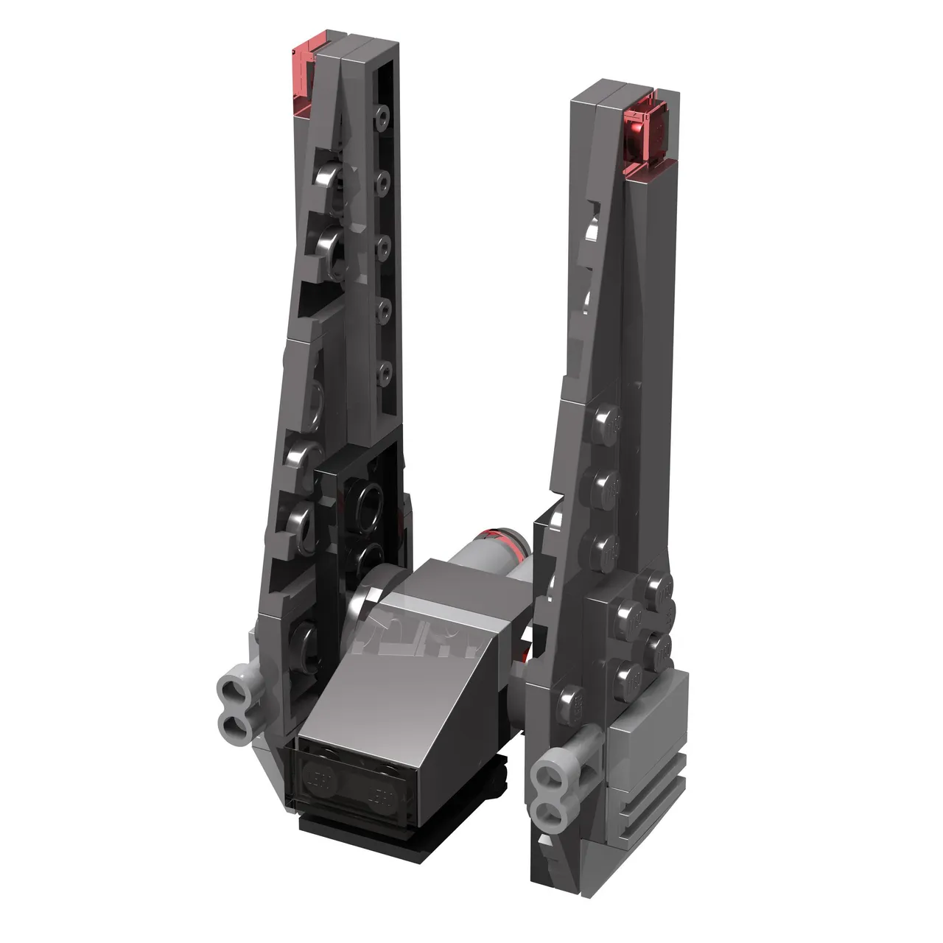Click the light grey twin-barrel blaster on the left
tap(237, 696)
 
